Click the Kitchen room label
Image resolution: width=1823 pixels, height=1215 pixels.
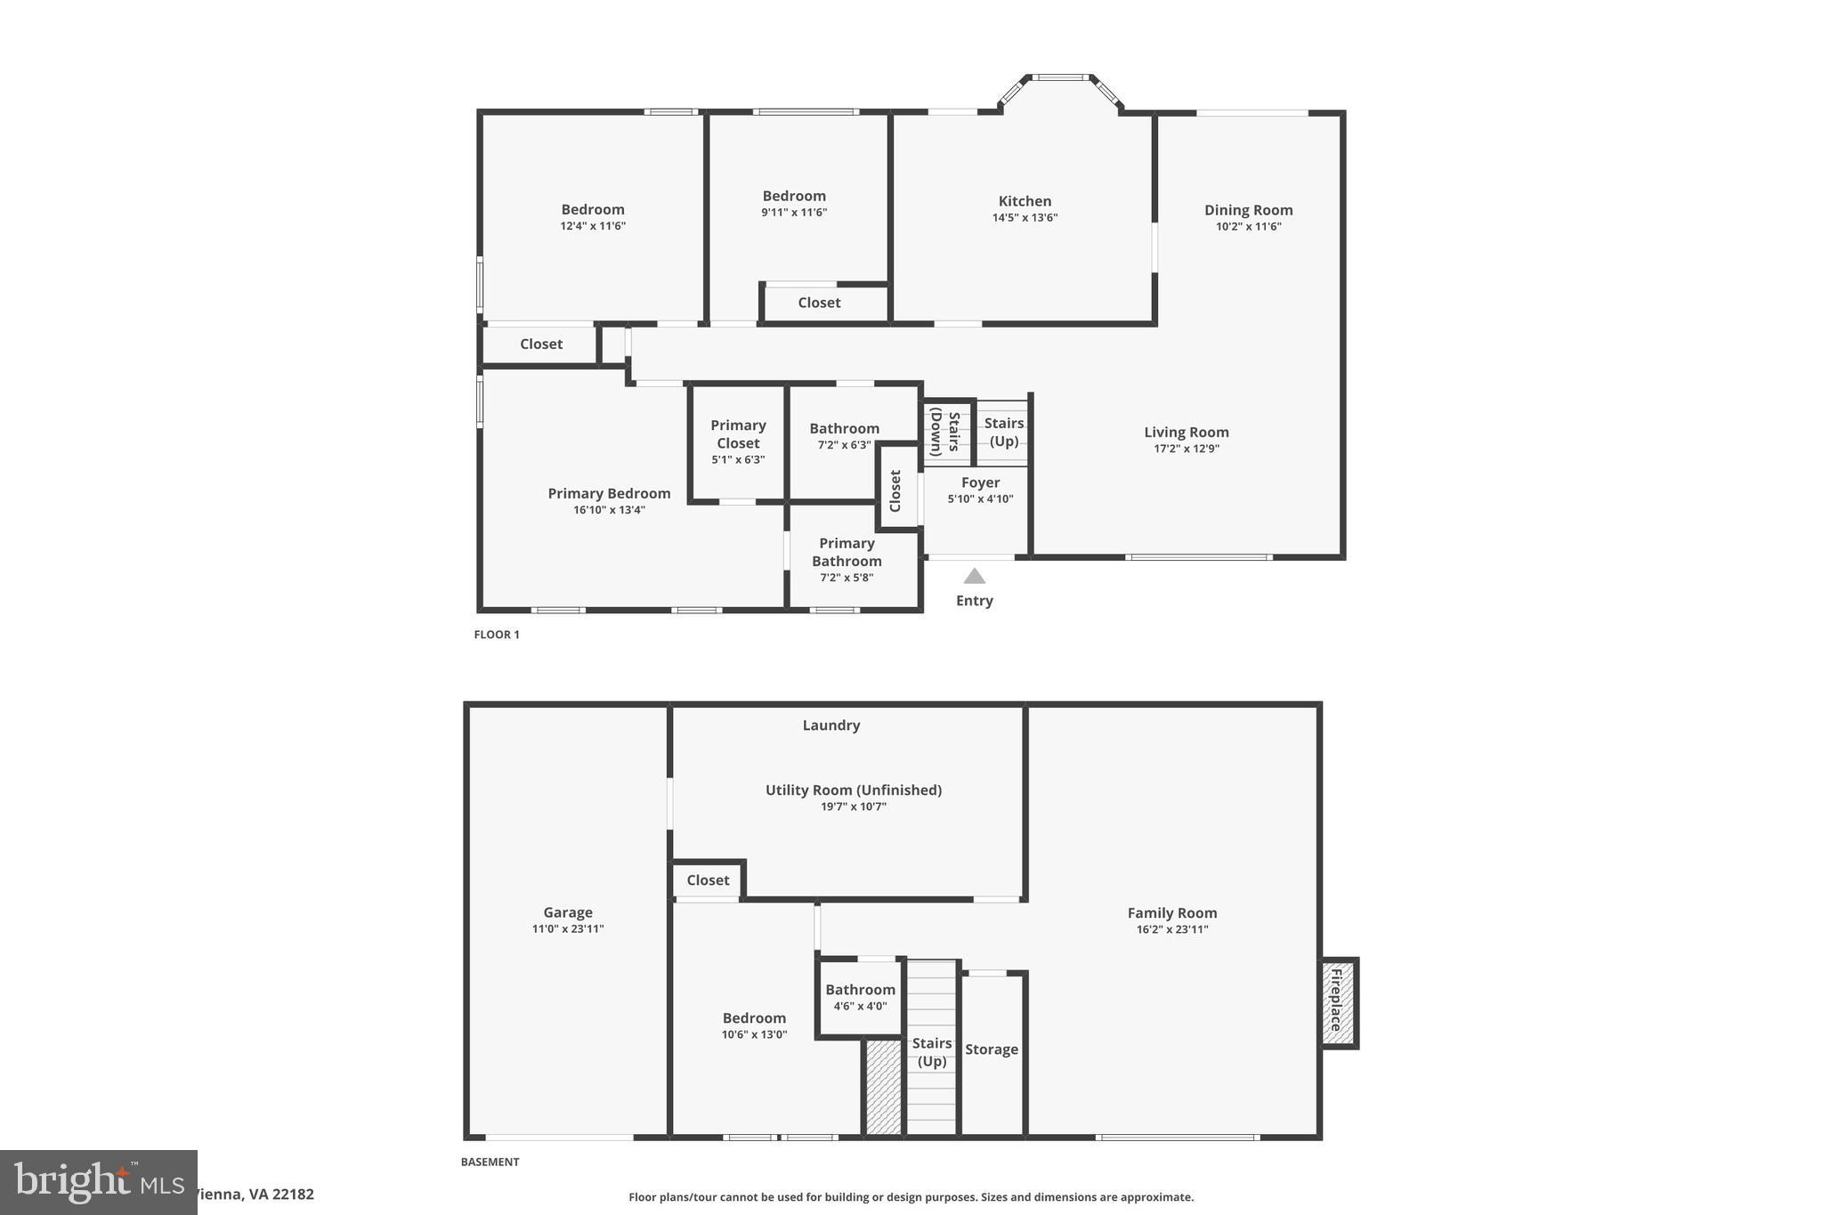1025,201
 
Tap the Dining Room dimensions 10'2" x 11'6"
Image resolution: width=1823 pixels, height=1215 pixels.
1248,227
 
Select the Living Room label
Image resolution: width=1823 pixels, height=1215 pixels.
1186,433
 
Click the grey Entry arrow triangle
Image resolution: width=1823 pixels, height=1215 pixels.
975,577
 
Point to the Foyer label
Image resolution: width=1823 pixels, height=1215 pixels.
980,482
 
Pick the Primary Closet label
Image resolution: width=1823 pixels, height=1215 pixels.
738,433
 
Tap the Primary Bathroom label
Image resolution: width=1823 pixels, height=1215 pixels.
847,552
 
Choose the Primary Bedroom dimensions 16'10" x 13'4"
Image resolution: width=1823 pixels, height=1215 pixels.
609,510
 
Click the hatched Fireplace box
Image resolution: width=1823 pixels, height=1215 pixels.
1337,1003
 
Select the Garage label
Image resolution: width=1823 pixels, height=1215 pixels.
568,912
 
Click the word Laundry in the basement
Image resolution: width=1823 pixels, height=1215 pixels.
830,725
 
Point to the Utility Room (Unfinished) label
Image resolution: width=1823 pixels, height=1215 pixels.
853,790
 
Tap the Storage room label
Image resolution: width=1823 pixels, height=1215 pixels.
991,1049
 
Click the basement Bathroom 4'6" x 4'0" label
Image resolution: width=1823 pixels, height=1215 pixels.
860,990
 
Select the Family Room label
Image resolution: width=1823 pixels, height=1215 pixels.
1171,913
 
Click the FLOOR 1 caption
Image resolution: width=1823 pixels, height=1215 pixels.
496,635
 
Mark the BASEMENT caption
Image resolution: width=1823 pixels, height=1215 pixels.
490,1162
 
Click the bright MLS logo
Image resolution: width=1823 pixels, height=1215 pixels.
98,1182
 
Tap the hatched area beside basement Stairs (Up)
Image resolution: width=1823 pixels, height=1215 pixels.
884,1088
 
